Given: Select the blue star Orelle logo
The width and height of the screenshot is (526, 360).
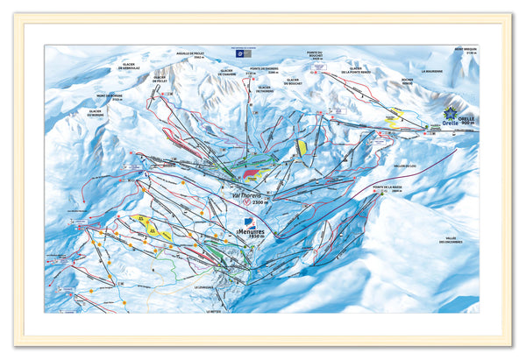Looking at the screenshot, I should [451, 115].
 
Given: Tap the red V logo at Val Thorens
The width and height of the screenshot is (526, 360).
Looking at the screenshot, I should [246, 201].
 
